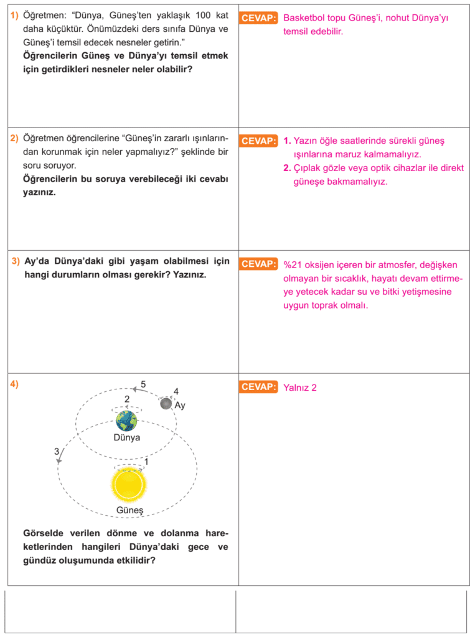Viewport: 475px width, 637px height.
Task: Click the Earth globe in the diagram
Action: pyautogui.click(x=127, y=421)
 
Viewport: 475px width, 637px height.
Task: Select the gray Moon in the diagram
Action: pyautogui.click(x=166, y=404)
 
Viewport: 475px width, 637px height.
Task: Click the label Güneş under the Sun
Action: pyautogui.click(x=129, y=511)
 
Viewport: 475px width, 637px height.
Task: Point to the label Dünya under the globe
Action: pyautogui.click(x=127, y=437)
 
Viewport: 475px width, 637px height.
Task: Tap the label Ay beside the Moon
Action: pyautogui.click(x=180, y=406)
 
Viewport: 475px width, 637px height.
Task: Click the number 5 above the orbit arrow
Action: pyautogui.click(x=143, y=384)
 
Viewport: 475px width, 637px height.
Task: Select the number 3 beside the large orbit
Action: pyautogui.click(x=56, y=451)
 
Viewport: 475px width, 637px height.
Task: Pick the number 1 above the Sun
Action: pyautogui.click(x=146, y=462)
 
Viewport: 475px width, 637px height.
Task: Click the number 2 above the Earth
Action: pyautogui.click(x=127, y=399)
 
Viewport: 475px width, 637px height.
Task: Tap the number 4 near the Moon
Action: pyautogui.click(x=176, y=391)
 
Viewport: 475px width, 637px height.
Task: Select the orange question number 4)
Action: pyautogui.click(x=14, y=384)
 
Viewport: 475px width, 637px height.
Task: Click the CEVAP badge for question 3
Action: pyautogui.click(x=258, y=264)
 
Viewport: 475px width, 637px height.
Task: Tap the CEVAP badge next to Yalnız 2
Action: pyautogui.click(x=258, y=387)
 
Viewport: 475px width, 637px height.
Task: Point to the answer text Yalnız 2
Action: pyautogui.click(x=300, y=388)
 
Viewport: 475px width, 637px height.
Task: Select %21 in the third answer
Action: pyautogui.click(x=293, y=264)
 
